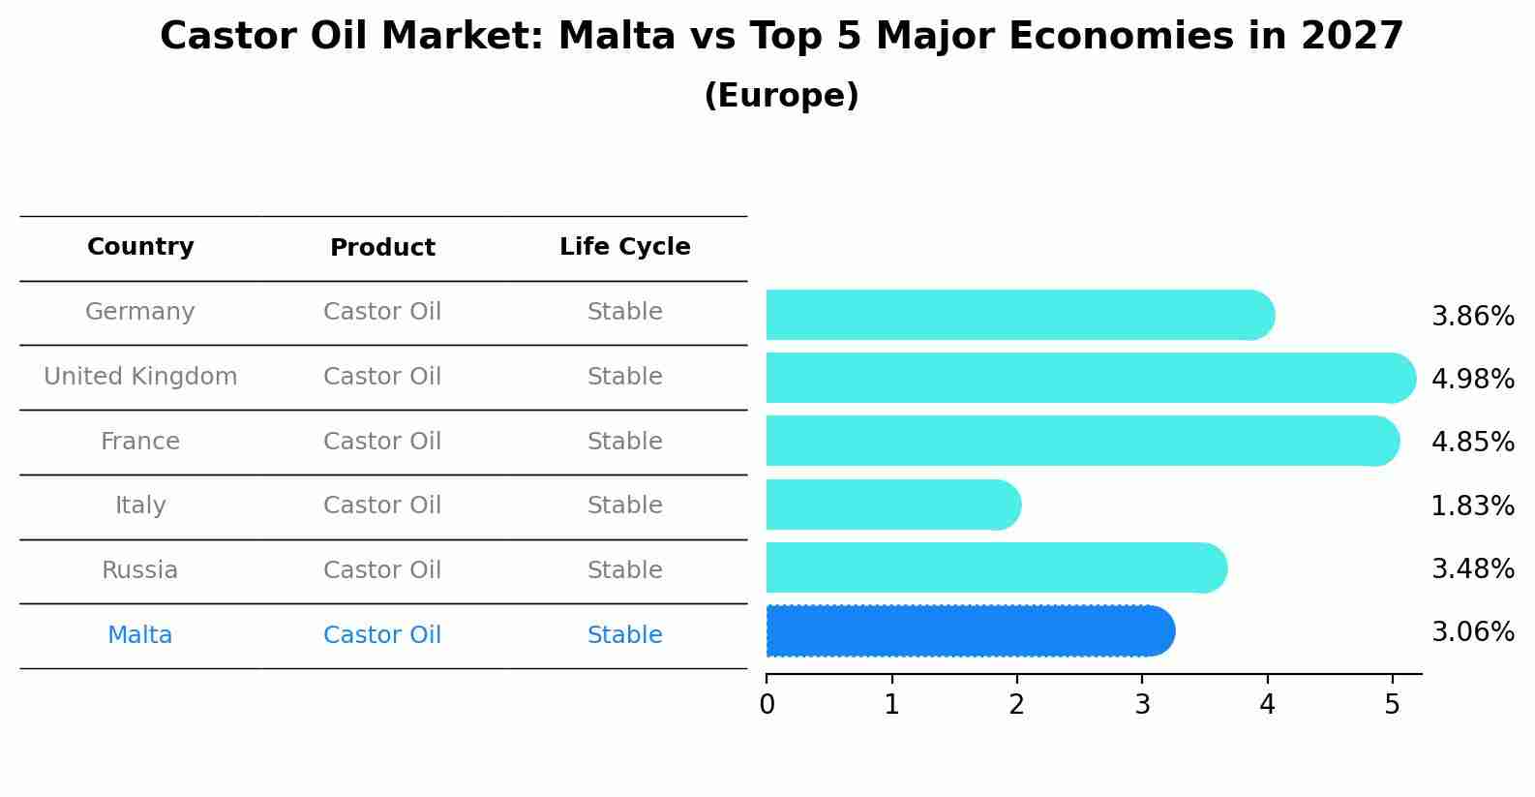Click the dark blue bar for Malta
pyautogui.click(x=971, y=631)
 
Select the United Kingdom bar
pyautogui.click(x=1091, y=378)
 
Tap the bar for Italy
pyautogui.click(x=893, y=505)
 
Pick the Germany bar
pyautogui.click(x=1020, y=315)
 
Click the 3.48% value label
pyautogui.click(x=1473, y=568)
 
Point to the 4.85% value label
pyautogui.click(x=1473, y=442)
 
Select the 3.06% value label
pyautogui.click(x=1473, y=631)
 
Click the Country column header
pyautogui.click(x=140, y=246)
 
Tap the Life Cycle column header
pyautogui.click(x=625, y=246)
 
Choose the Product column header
pyautogui.click(x=382, y=247)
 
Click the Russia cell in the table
pyautogui.click(x=139, y=570)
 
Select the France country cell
pyautogui.click(x=139, y=441)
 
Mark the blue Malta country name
pyautogui.click(x=139, y=635)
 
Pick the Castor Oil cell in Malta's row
pyautogui.click(x=381, y=635)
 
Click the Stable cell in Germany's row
pyautogui.click(x=625, y=312)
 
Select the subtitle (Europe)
pyautogui.click(x=781, y=95)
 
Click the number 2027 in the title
pyautogui.click(x=1352, y=36)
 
